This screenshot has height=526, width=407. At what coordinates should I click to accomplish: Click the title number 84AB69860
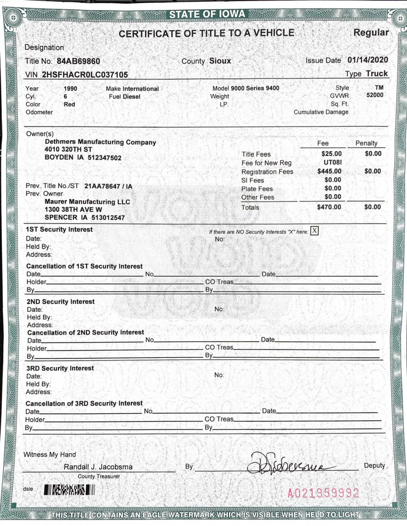click(78, 61)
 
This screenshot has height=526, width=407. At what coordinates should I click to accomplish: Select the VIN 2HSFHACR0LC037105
click(85, 75)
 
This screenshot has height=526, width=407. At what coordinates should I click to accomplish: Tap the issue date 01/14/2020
click(368, 60)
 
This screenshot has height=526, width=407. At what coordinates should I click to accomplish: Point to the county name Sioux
click(220, 61)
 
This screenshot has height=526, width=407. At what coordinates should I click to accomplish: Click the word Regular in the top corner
click(371, 33)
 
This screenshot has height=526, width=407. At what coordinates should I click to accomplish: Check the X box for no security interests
click(314, 231)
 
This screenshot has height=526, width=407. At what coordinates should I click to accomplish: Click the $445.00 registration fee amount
click(329, 171)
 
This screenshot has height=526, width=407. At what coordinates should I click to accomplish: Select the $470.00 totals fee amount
click(329, 207)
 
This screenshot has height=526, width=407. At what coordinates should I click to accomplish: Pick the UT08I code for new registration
click(332, 162)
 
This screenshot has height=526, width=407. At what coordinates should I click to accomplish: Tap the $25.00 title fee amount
click(331, 154)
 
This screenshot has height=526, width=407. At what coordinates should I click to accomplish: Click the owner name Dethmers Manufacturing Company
click(100, 142)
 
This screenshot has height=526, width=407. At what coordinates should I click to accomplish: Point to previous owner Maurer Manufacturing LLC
click(87, 202)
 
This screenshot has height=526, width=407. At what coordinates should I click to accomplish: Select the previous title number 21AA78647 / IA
click(108, 186)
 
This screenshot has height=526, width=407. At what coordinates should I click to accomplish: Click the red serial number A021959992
click(323, 493)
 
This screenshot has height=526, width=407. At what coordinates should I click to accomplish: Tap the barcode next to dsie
click(70, 490)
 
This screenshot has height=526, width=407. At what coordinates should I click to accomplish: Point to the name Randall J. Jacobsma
click(98, 467)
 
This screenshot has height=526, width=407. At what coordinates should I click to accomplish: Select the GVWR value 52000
click(375, 95)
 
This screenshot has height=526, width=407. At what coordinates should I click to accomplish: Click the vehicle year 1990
click(70, 89)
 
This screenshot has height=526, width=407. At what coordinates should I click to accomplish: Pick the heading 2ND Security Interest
click(60, 302)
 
